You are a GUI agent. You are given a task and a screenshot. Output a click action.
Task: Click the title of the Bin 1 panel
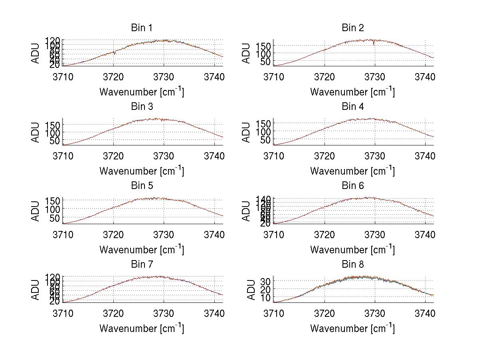(141, 28)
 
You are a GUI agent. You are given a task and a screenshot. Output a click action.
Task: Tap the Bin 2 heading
(352, 28)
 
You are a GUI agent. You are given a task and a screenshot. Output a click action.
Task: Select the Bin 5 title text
(141, 186)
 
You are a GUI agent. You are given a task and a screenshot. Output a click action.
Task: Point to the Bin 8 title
(352, 265)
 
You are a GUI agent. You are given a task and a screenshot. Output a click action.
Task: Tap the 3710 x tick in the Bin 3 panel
(63, 155)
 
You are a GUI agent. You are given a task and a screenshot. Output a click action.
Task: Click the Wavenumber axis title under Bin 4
(352, 171)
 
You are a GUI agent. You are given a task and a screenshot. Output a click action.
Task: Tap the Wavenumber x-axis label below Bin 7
(141, 328)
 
